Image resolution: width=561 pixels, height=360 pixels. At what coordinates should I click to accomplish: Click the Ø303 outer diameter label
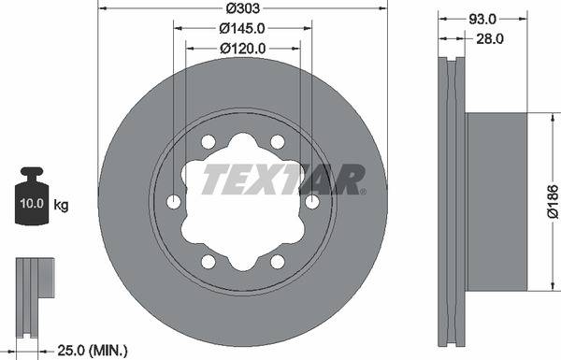[x=242, y=8]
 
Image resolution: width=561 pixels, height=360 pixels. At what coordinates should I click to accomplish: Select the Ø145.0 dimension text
[x=242, y=28]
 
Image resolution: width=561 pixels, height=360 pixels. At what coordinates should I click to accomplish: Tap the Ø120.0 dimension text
[x=243, y=49]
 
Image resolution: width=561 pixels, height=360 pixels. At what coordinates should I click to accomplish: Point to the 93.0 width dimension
[x=482, y=19]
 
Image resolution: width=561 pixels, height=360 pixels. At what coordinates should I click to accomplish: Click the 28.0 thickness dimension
[x=490, y=38]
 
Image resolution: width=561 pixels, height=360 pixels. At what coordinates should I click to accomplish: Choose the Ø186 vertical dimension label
[x=554, y=201]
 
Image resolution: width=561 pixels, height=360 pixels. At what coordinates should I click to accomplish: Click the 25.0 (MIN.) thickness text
[x=93, y=351]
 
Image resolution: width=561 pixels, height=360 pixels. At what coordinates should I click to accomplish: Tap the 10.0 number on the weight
[x=32, y=203]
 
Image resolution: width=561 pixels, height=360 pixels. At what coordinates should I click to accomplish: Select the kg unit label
[x=61, y=206]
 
